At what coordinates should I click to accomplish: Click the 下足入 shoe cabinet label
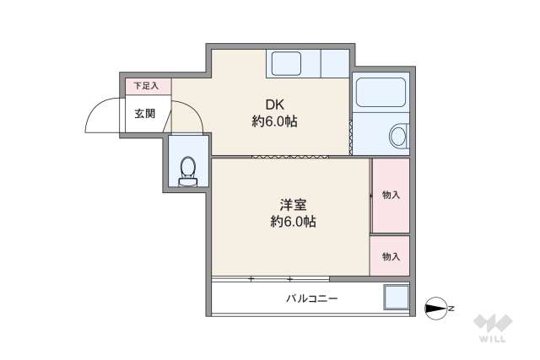point(148,86)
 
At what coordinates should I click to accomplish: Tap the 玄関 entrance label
point(144,113)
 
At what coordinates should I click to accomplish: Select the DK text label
point(275,105)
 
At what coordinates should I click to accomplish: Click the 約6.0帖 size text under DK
point(275,121)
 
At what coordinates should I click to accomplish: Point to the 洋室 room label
point(293,204)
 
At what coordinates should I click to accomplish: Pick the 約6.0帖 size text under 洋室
point(293,222)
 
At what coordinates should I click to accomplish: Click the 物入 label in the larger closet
point(390,195)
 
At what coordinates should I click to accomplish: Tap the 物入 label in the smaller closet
point(390,256)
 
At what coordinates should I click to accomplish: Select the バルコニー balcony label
point(311,298)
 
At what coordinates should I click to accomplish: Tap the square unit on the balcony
point(396,298)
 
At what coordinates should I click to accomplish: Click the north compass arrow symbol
point(436,309)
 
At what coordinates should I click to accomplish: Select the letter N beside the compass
point(451,309)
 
